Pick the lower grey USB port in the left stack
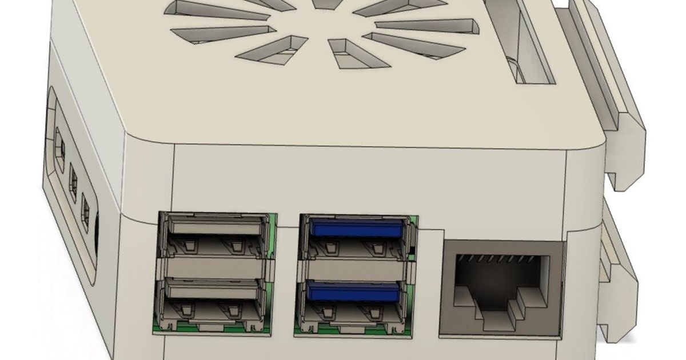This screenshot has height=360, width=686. [213, 299]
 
